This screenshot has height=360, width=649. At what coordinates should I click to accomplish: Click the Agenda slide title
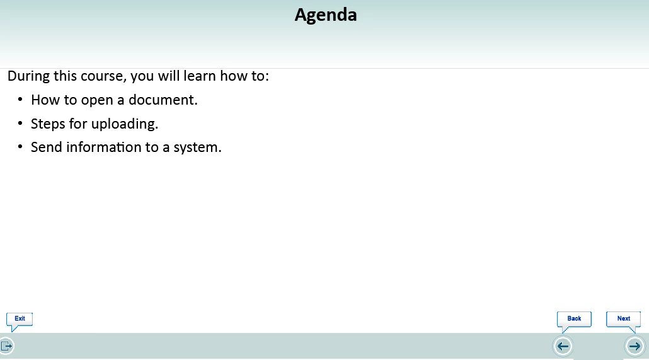tap(326, 16)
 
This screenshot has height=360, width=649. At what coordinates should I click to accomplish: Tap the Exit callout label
tap(20, 318)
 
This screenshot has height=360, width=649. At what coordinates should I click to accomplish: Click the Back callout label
tap(574, 318)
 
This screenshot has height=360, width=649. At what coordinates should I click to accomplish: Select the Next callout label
tap(624, 318)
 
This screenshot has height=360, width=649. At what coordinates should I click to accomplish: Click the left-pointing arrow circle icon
tap(563, 346)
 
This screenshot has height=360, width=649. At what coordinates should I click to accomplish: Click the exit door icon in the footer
tap(7, 346)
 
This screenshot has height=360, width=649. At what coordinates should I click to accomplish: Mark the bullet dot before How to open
tap(20, 100)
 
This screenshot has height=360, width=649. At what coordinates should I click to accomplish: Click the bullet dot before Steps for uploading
tap(20, 123)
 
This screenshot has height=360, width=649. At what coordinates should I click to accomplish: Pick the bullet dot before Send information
tap(20, 147)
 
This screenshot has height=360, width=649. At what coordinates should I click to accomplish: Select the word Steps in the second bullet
tap(48, 124)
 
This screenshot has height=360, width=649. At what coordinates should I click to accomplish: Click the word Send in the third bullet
tap(47, 147)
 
